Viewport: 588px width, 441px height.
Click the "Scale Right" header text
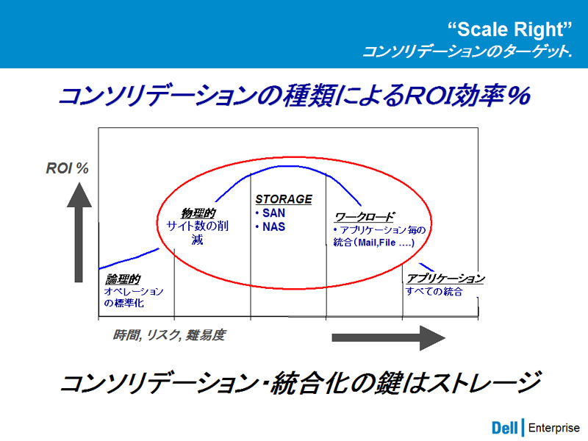point(510,29)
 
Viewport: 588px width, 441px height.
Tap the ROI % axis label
point(67,168)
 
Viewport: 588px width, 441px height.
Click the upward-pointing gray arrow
point(79,232)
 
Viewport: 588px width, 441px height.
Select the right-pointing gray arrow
point(389,338)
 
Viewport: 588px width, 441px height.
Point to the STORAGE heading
point(284,199)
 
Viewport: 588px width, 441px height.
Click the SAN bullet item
point(270,213)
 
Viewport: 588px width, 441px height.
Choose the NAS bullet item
point(270,227)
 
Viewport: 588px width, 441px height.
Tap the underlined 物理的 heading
point(198,213)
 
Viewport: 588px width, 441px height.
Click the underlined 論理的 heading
point(123,279)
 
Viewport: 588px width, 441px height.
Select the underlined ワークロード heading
point(364,217)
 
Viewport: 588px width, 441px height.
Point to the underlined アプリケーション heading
point(445,279)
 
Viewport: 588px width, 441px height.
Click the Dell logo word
point(505,428)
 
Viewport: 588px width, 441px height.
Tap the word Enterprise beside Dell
point(554,428)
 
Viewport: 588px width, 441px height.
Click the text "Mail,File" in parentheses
point(377,243)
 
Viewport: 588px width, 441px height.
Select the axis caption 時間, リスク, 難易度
point(169,335)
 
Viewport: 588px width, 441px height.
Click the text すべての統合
point(434,291)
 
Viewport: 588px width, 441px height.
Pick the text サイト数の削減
point(198,232)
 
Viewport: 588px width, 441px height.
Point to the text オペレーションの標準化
point(134,297)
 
